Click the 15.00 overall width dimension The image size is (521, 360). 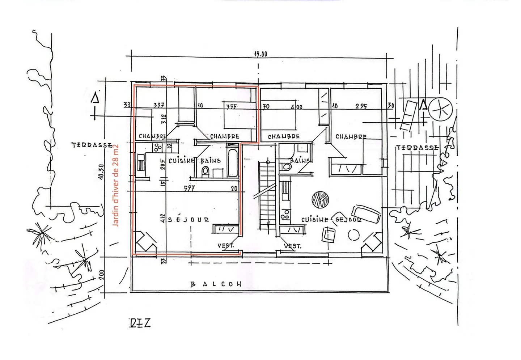point(260,54)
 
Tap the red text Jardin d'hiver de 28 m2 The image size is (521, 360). point(116,185)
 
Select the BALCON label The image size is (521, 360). point(216,284)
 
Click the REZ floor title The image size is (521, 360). point(140,323)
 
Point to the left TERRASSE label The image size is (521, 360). point(92,145)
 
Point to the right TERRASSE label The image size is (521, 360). point(418,148)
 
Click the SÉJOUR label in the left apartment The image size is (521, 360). point(189,220)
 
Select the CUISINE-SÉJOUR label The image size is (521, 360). point(331,220)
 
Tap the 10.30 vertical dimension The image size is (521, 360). point(101,171)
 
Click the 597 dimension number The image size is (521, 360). point(189,189)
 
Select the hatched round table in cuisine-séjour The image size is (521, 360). point(320,199)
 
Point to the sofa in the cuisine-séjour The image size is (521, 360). point(366,214)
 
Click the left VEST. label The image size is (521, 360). point(225,246)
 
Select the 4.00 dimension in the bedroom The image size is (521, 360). point(296,107)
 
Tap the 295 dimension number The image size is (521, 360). point(361,106)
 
